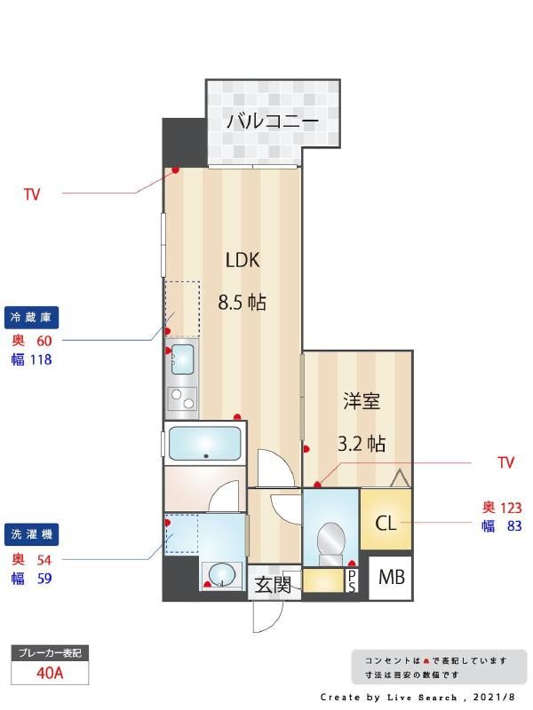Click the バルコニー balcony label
point(272,121)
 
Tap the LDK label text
point(242,260)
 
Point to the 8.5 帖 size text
point(242,302)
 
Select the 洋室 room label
point(362,401)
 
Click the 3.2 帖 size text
point(362,444)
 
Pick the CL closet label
point(386,522)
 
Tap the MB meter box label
point(391,578)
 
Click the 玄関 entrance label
point(273,585)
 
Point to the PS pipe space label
point(352,581)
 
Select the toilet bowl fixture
point(331,540)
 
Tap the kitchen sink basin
point(182,359)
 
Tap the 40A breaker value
point(51,673)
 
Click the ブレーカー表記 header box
point(51,653)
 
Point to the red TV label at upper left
point(32,193)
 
